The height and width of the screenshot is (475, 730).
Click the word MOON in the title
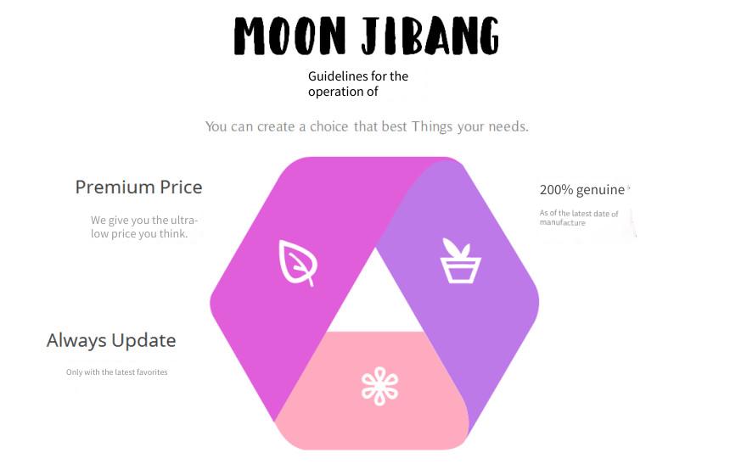[x=289, y=36]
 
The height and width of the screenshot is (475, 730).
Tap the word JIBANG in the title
[x=430, y=36]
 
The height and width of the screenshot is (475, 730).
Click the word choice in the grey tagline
[x=328, y=126]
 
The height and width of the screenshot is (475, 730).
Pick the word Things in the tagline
[x=431, y=127]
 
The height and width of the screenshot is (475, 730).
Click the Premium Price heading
[x=138, y=187]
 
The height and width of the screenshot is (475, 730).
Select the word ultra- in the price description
[x=184, y=220]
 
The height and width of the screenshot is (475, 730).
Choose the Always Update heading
[x=111, y=340]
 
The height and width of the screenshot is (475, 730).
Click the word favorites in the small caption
[x=152, y=372]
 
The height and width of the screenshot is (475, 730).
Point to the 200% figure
[x=556, y=190]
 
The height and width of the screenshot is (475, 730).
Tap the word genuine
[x=600, y=190]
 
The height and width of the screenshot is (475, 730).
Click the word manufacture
[x=563, y=223]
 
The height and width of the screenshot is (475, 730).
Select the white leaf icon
[x=298, y=263]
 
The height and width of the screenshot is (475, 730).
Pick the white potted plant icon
[x=460, y=260]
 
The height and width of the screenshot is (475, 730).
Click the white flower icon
[x=380, y=386]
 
